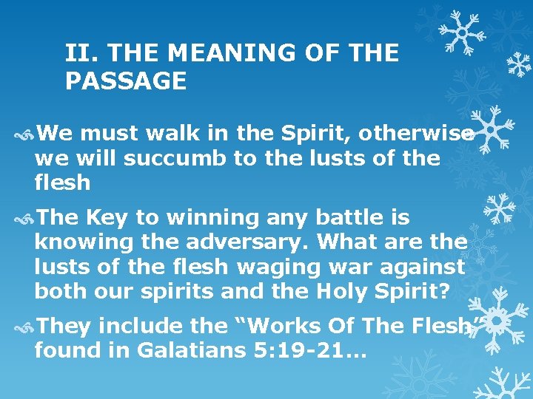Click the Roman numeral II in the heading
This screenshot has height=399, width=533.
tap(75, 53)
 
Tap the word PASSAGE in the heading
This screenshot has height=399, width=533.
tap(126, 81)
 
